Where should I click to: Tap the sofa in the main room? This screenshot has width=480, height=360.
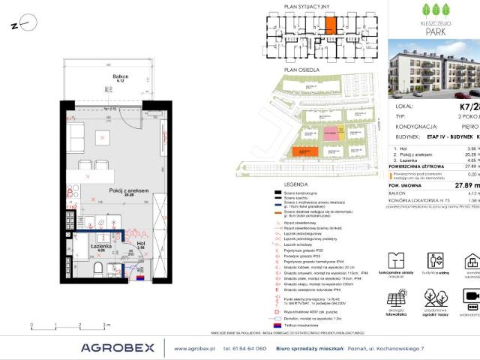[75, 137]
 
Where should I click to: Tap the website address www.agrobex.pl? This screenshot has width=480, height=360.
[195, 348]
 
